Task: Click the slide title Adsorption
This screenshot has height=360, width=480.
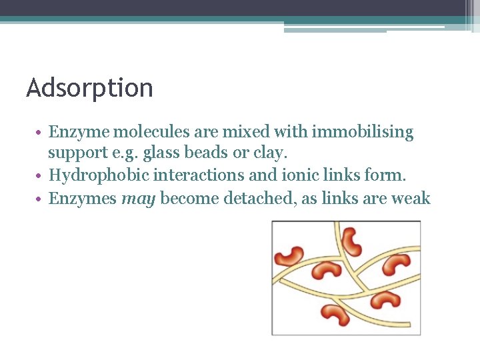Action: tap(89, 87)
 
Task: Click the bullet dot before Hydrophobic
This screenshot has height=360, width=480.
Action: tap(42, 175)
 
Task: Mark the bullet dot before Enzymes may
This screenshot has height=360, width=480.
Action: tap(42, 199)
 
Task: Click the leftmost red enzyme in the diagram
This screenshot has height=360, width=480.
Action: tap(289, 255)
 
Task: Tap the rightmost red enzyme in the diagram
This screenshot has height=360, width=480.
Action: tap(398, 263)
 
